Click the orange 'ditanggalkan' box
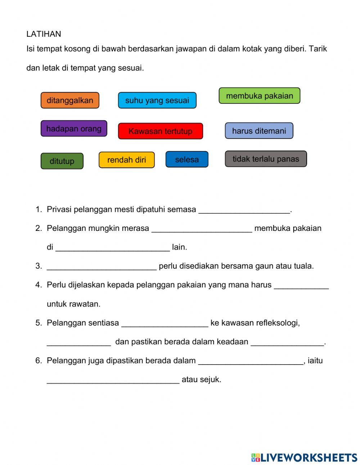point(70,100)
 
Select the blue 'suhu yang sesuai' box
point(157,100)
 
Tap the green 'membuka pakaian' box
point(259,96)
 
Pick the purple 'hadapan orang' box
point(74,129)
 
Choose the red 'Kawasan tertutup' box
point(160,131)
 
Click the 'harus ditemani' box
point(259,131)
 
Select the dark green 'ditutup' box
point(62,161)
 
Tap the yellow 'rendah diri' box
point(126,160)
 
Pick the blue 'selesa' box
point(187,160)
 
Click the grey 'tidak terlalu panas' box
point(266,159)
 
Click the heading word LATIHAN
point(44,34)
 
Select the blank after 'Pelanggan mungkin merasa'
point(202,229)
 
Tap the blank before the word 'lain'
point(113,247)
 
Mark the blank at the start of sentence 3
point(102,267)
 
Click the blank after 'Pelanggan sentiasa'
point(165,323)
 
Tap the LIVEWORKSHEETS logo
point(304,457)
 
